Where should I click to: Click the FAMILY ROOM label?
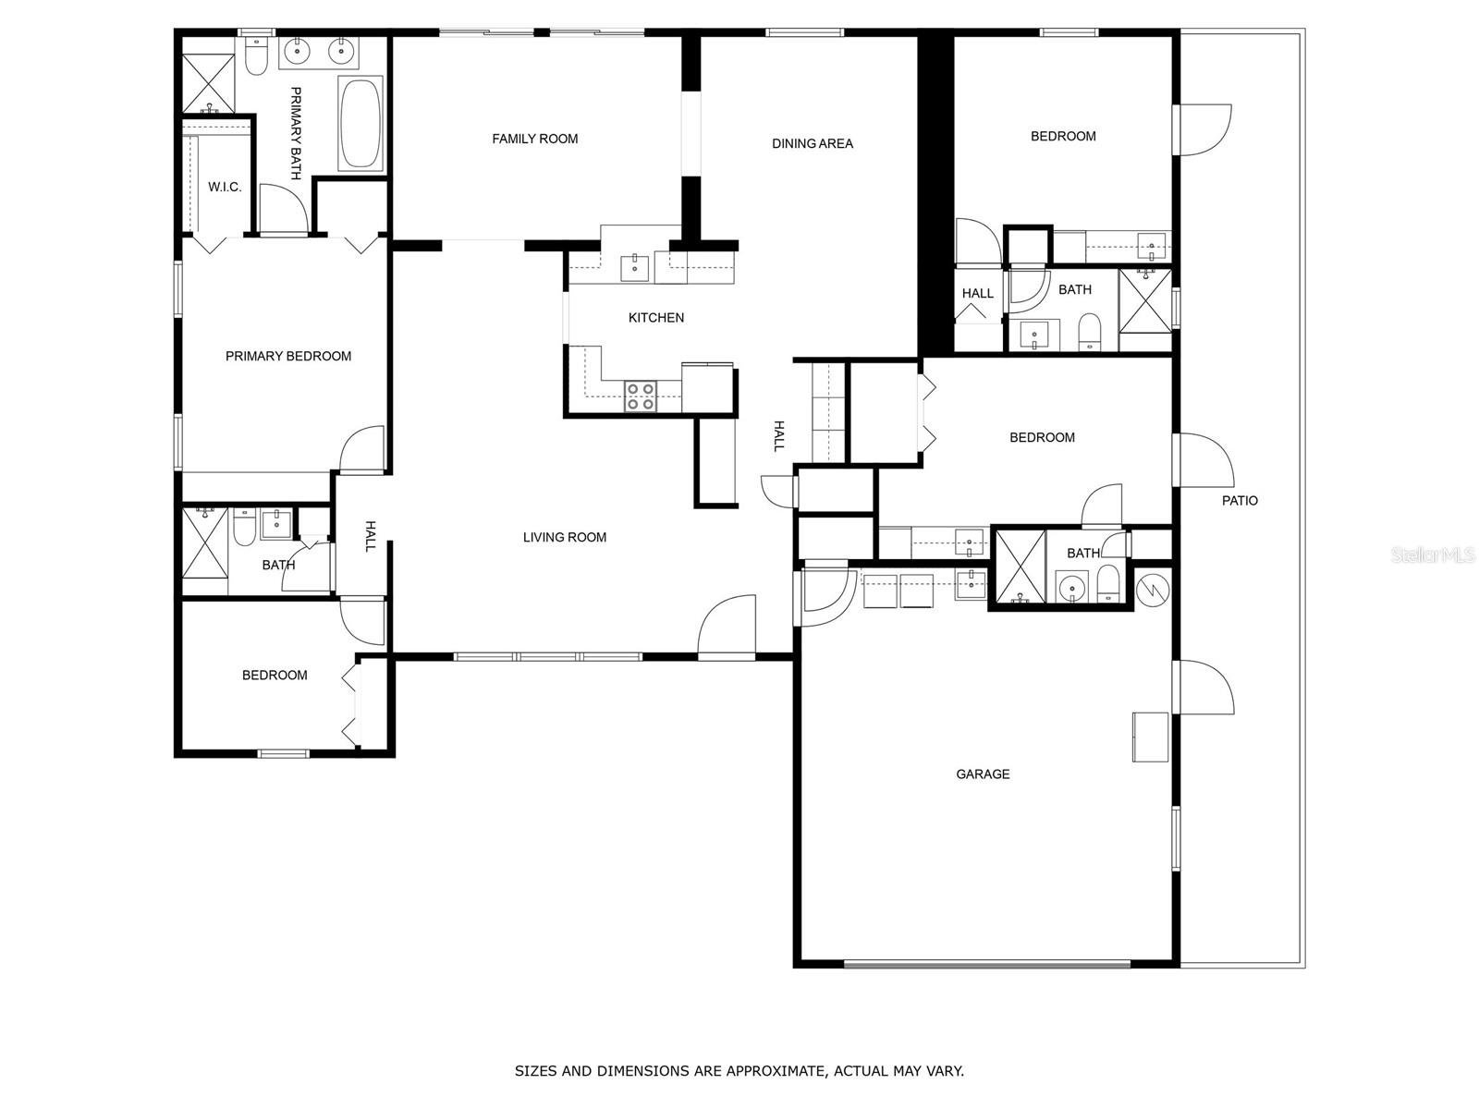534,139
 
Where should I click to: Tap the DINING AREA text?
812,143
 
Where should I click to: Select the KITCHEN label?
655,318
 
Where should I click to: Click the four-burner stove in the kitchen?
641,396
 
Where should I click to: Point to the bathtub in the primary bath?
361,124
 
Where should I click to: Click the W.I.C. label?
224,187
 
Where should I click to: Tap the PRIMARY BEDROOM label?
287,356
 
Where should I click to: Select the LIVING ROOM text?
564,537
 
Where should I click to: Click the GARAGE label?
982,774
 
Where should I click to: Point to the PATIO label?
1240,500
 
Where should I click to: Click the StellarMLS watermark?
1434,555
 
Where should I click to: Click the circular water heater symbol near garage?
1154,588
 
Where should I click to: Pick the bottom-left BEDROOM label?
274,676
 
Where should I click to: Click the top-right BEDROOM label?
1063,136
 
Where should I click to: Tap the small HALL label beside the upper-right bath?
977,293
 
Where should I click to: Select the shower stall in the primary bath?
208,83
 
